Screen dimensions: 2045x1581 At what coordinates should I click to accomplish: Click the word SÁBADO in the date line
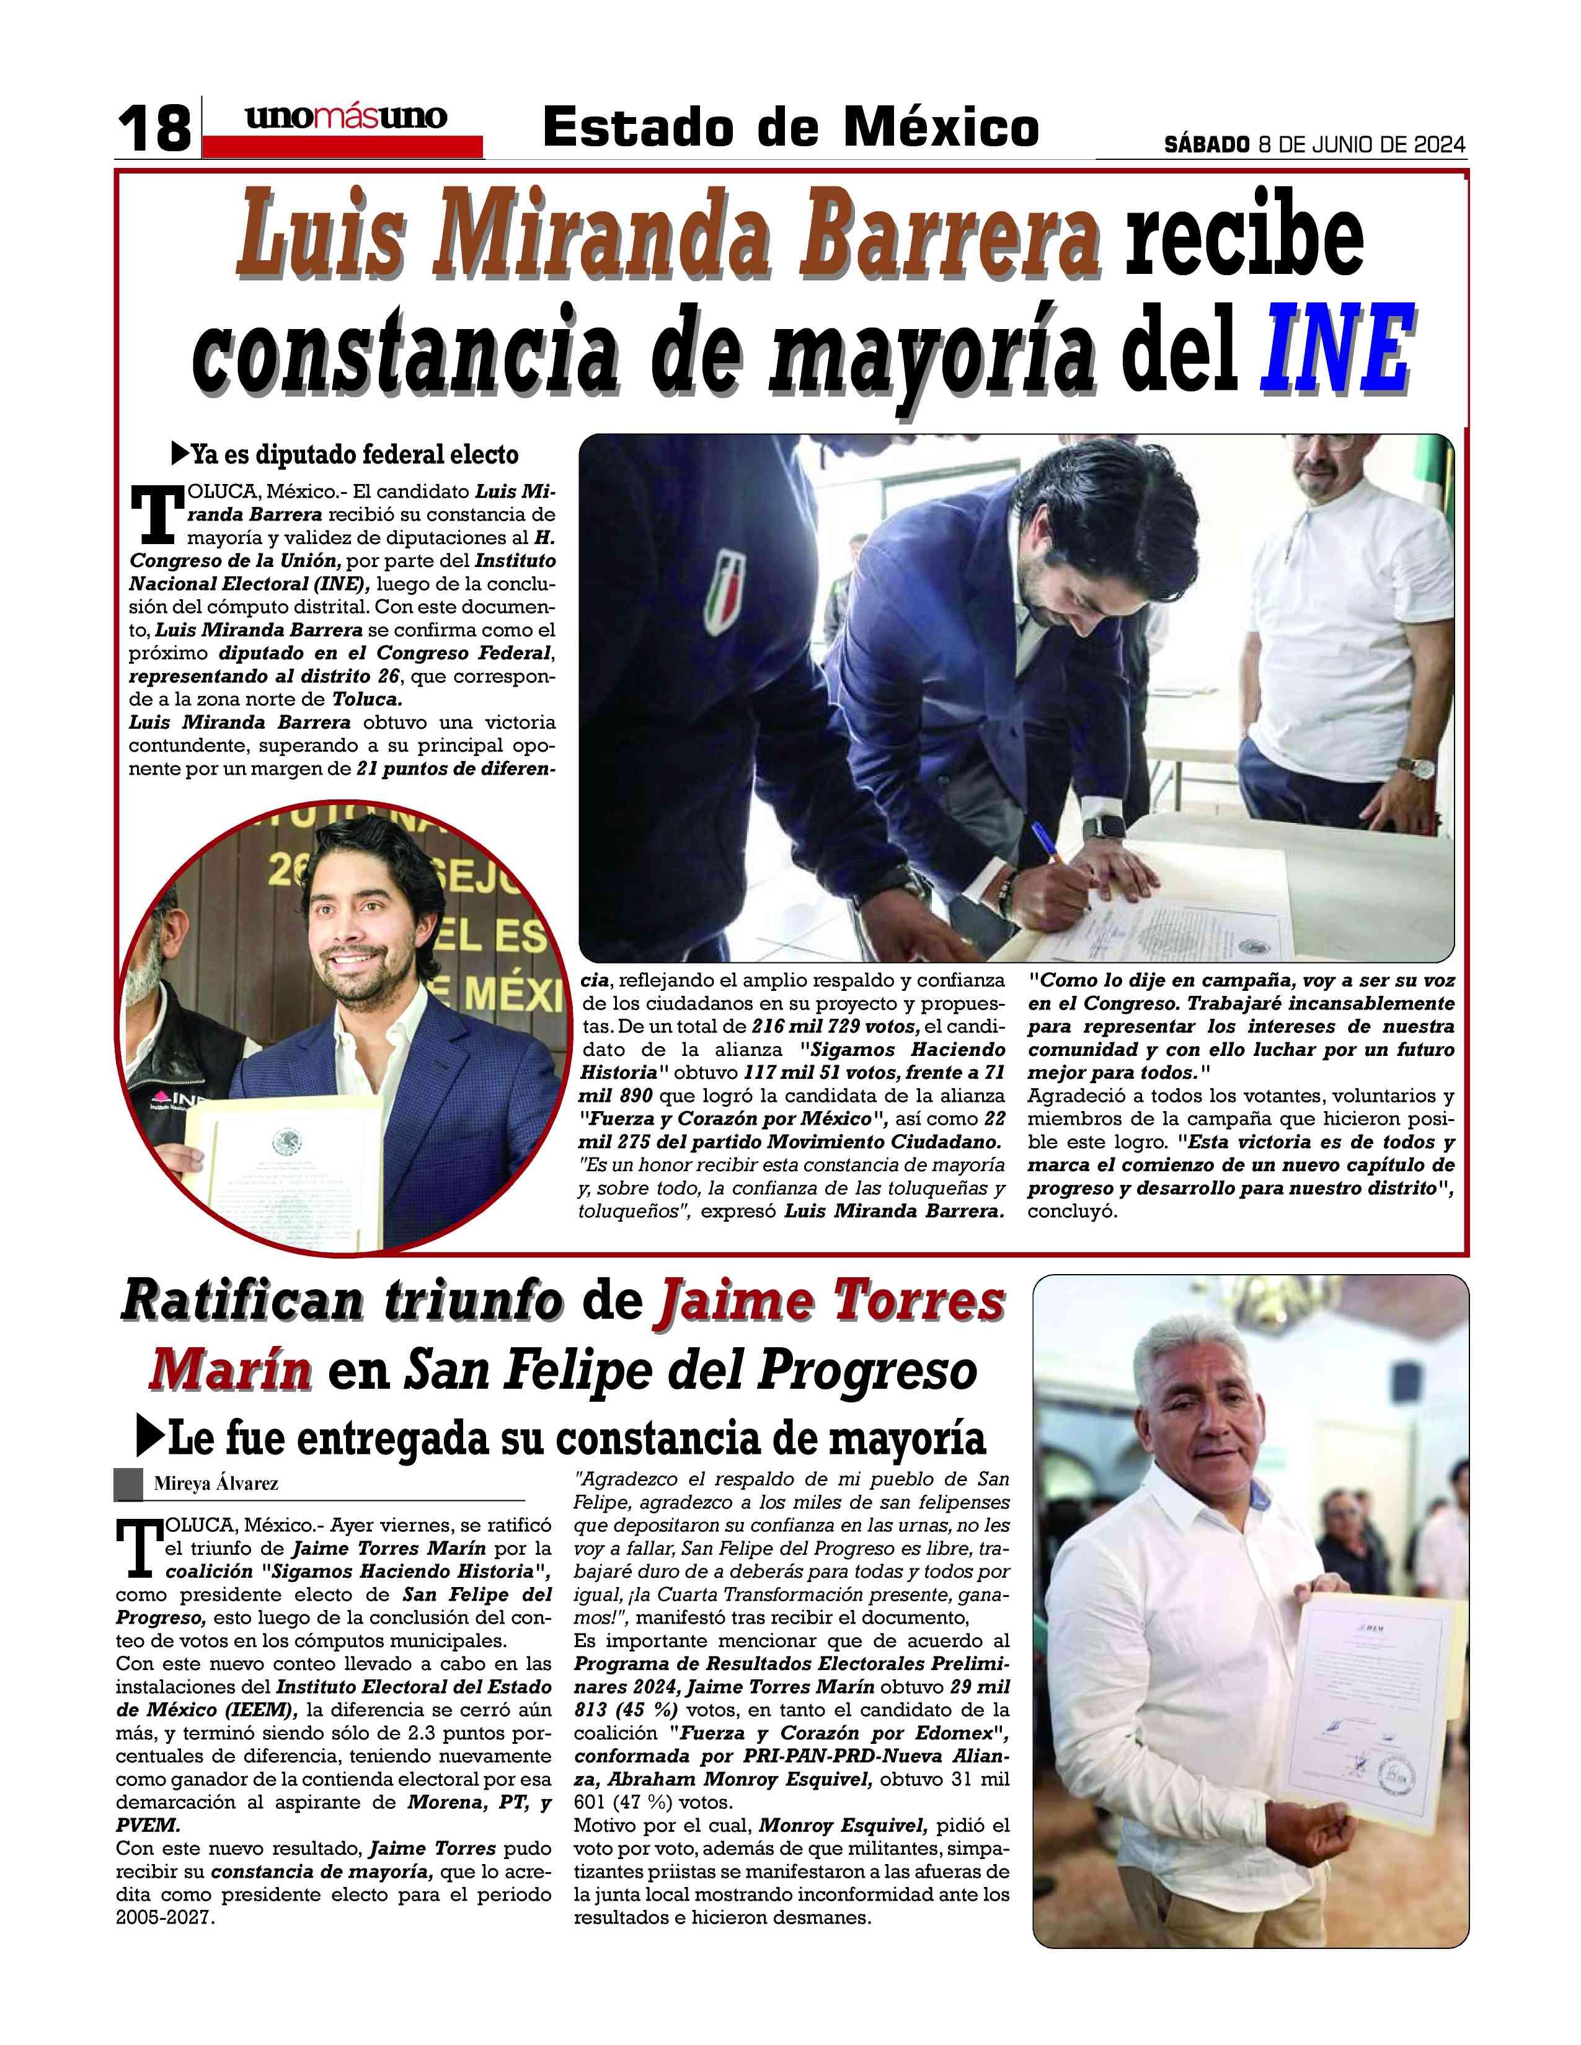1207,145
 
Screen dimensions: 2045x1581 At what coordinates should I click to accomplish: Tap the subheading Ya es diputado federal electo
354,455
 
